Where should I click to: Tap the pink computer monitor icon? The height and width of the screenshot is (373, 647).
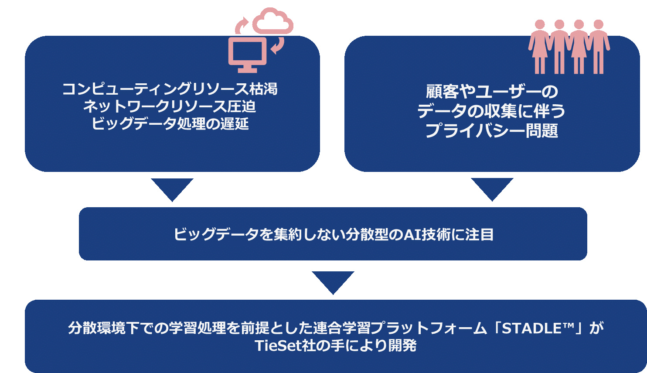(247, 54)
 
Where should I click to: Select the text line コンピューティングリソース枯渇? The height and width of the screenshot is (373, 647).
(170, 89)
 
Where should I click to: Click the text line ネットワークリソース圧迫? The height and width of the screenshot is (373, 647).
(170, 106)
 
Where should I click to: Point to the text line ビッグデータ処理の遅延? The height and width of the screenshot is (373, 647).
(170, 124)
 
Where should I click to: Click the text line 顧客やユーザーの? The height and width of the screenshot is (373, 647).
(492, 92)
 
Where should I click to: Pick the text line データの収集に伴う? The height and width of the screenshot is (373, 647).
(492, 111)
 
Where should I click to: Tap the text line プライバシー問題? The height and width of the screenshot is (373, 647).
(492, 130)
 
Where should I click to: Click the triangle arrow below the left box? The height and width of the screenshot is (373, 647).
(172, 188)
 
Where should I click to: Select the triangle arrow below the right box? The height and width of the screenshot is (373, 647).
(492, 188)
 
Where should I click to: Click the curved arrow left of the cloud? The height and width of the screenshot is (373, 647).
(241, 25)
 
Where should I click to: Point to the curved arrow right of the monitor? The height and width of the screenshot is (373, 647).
(277, 45)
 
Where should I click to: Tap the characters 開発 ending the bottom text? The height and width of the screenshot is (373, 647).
(402, 346)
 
